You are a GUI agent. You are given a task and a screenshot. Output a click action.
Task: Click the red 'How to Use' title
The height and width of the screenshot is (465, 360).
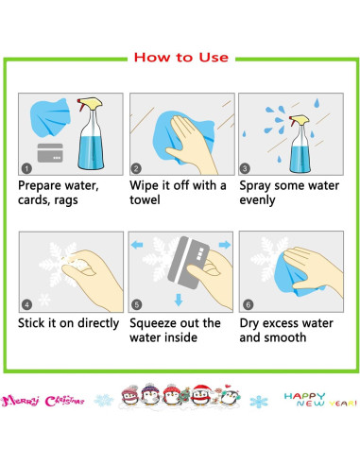pos(181,58)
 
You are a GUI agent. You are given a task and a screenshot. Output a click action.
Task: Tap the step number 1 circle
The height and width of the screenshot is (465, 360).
pos(26,168)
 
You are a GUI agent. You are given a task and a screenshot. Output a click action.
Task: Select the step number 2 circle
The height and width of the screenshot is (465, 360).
pos(136,168)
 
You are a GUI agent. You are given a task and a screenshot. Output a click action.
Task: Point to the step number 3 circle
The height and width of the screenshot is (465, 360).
pos(245,168)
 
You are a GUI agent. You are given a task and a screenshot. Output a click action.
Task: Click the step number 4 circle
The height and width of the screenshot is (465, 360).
pos(26,305)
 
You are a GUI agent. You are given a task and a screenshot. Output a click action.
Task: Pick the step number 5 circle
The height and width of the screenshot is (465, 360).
pos(136,305)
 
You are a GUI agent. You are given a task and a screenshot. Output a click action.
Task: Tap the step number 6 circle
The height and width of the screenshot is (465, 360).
pos(249,305)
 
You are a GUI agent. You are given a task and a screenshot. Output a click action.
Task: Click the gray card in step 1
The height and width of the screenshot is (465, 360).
pos(50,153)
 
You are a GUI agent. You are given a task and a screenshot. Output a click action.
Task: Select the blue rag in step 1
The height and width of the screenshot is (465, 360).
pos(50,117)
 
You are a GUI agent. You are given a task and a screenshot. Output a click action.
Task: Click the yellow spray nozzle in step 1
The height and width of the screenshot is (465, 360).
pos(91,103)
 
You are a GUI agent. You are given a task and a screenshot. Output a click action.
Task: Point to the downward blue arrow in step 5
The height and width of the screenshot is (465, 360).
pos(179,300)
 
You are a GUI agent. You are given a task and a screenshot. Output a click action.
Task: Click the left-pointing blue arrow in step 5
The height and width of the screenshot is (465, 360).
pos(137,245)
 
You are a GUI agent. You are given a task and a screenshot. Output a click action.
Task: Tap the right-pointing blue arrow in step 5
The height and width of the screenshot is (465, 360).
pos(225,245)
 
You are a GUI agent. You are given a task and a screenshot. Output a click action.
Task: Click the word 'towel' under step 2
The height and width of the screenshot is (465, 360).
pos(145,199)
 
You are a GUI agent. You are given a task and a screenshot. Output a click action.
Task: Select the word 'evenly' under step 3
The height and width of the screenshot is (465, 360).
pos(257,200)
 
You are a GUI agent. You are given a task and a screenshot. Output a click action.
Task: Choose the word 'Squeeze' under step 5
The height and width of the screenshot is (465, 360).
pos(152,323)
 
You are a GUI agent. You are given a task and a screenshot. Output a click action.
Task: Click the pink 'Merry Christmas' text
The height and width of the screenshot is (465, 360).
pos(43,401)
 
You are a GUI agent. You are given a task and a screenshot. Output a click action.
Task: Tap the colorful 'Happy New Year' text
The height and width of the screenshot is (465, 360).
pos(320,400)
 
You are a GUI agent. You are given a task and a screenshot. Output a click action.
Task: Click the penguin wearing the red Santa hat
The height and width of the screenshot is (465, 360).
pos(201,394)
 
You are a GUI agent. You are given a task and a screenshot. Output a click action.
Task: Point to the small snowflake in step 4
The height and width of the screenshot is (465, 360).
pos(44,300)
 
